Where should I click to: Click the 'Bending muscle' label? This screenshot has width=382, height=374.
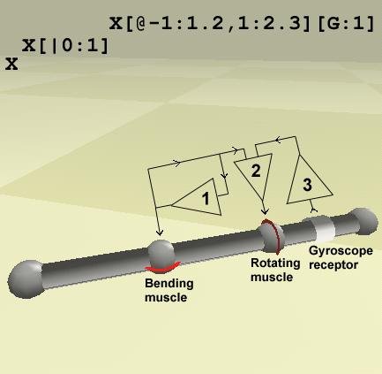click(x=169, y=290)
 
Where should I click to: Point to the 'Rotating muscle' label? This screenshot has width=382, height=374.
click(x=275, y=270)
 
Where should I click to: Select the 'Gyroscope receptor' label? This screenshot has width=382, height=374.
click(x=341, y=257)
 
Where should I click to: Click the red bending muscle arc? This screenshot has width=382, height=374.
click(x=162, y=268)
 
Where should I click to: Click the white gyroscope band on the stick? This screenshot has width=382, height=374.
click(x=325, y=230)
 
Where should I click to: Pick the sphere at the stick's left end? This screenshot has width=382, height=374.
click(x=26, y=279)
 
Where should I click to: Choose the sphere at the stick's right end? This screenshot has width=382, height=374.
click(x=363, y=222)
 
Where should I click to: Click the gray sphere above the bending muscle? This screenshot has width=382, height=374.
click(x=161, y=253)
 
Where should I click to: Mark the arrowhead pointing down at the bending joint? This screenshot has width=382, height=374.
click(x=160, y=233)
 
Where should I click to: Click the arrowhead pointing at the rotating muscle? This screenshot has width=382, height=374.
click(x=265, y=211)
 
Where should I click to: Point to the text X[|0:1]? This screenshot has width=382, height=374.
click(x=65, y=46)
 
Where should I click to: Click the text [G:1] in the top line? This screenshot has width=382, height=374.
click(x=346, y=24)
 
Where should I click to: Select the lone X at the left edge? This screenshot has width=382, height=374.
click(x=11, y=64)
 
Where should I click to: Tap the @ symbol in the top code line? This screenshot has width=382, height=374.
click(x=141, y=24)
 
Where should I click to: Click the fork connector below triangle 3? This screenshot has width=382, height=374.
click(x=314, y=210)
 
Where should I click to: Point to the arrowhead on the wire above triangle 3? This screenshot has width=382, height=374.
click(x=277, y=140)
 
